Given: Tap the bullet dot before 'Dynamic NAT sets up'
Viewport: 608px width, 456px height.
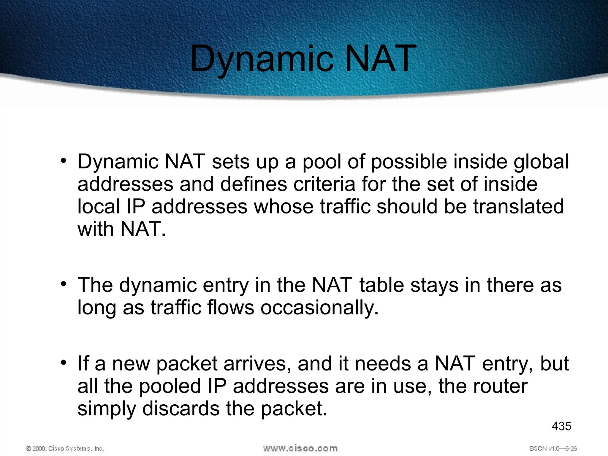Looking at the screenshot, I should [63, 161].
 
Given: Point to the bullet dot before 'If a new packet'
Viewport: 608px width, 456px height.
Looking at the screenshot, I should [63, 363].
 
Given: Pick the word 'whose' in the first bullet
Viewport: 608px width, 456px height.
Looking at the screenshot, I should [284, 206].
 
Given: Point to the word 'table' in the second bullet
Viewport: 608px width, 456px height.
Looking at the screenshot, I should [381, 285].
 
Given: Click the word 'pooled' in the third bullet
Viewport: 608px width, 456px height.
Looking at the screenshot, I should [170, 386].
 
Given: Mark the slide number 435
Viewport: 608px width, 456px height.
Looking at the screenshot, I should [561, 426].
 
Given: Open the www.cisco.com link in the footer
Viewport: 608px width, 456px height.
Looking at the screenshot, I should [300, 448].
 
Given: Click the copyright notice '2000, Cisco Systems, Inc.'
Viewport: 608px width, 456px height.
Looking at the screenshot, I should [66, 448].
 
